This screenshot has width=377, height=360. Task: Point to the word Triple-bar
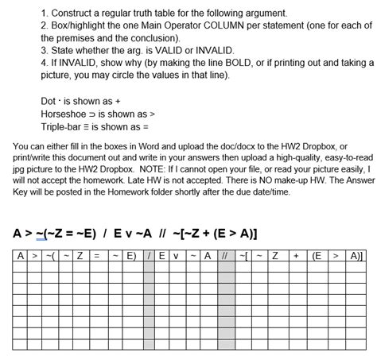pyautogui.click(x=66, y=126)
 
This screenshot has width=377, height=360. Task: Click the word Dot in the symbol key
pyautogui.click(x=49, y=102)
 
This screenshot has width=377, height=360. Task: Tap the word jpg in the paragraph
pyautogui.click(x=21, y=168)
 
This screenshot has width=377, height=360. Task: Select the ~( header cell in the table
pyautogui.click(x=51, y=256)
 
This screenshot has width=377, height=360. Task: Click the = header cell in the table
pyautogui.click(x=96, y=256)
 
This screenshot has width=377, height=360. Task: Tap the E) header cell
pyautogui.click(x=131, y=256)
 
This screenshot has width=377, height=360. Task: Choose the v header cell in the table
pyautogui.click(x=177, y=256)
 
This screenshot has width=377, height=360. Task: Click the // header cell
pyautogui.click(x=224, y=256)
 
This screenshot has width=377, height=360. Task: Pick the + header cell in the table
pyautogui.click(x=295, y=256)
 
